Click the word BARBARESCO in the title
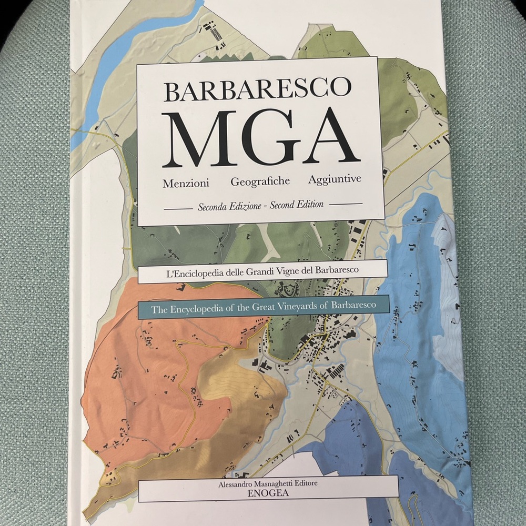(x=257, y=89)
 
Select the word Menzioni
(x=186, y=184)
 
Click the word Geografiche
(x=260, y=181)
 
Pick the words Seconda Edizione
(x=229, y=207)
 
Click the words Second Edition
(x=296, y=205)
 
